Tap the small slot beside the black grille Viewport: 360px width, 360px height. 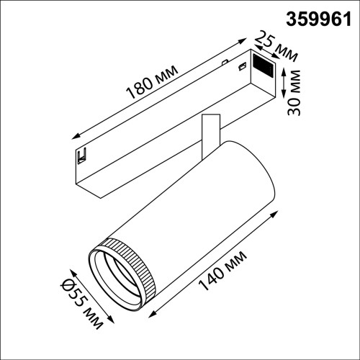(242, 66)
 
